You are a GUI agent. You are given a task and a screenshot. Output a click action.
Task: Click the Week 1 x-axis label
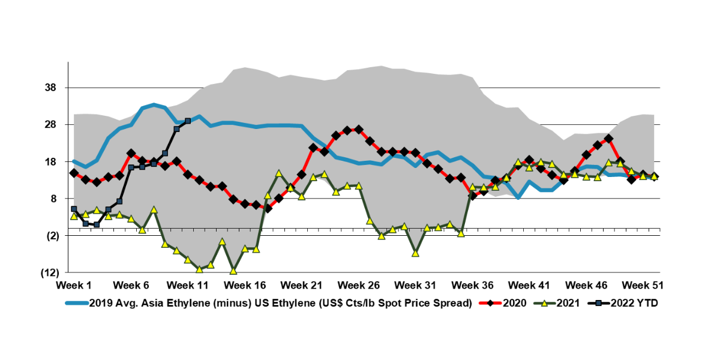(x=74, y=284)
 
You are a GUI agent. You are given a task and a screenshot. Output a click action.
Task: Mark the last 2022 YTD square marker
(x=188, y=121)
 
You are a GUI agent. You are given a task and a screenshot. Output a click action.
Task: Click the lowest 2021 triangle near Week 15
(x=233, y=271)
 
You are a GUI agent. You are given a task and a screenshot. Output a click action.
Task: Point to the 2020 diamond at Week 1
(x=74, y=173)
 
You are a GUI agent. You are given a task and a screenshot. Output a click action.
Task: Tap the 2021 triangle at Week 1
(x=74, y=216)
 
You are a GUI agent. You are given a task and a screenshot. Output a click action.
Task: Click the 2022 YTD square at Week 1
(x=74, y=209)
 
